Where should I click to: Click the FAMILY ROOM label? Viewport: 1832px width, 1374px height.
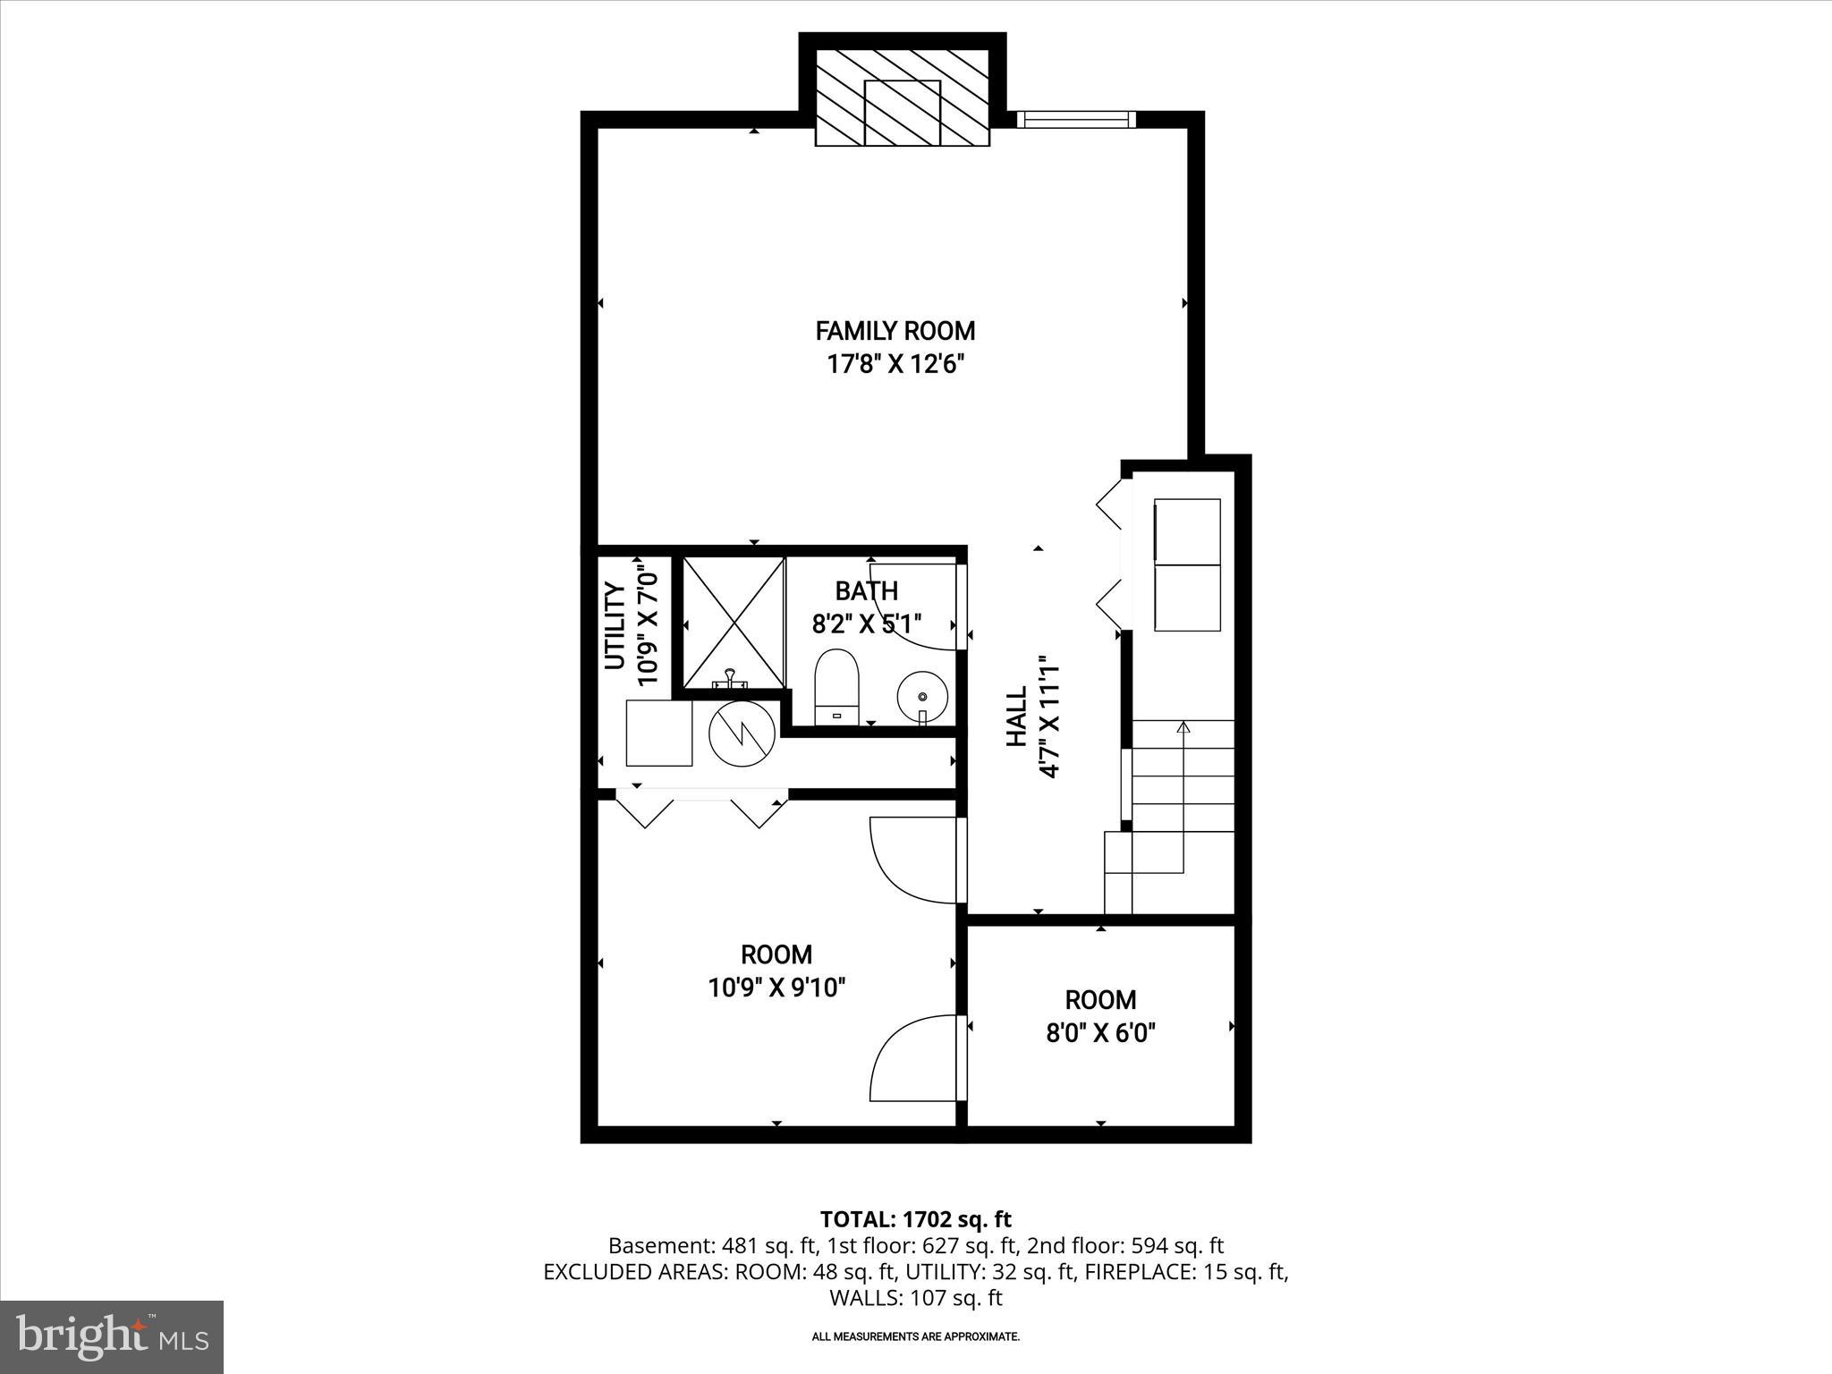(895, 331)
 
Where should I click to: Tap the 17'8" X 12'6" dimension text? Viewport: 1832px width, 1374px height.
(895, 365)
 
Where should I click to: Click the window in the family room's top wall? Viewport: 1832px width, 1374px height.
(1077, 120)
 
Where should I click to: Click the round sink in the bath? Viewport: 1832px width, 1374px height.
(922, 696)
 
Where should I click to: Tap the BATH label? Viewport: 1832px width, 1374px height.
(866, 590)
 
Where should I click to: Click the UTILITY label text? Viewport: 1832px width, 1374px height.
(615, 625)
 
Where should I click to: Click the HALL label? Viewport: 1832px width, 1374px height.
(1016, 717)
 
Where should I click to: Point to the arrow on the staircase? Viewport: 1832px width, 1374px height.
(1183, 728)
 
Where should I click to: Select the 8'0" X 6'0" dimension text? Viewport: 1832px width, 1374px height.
(1100, 1034)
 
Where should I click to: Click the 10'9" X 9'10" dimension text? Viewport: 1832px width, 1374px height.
(776, 988)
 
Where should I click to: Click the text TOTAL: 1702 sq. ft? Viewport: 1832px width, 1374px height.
(915, 1219)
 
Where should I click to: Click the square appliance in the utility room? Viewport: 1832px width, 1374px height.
(659, 734)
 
